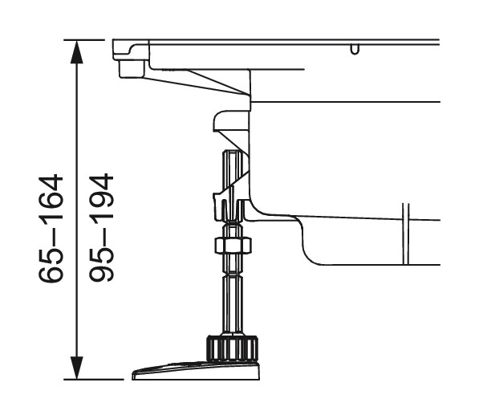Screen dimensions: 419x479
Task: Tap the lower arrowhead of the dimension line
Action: (x=77, y=368)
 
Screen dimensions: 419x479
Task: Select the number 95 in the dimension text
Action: (x=101, y=268)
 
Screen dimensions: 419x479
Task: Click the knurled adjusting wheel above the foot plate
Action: (x=233, y=348)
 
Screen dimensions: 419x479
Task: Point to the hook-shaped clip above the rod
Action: (x=229, y=123)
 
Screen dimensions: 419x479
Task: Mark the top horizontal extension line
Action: (x=83, y=39)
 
